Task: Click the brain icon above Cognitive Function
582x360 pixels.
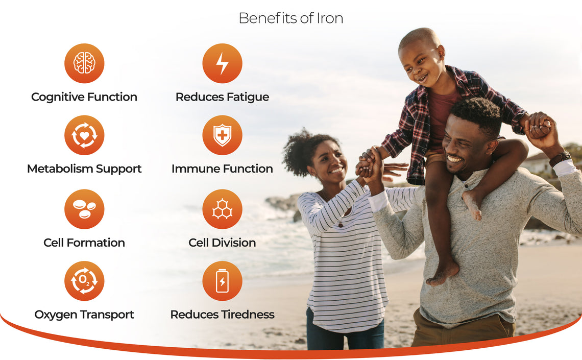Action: [x=84, y=63]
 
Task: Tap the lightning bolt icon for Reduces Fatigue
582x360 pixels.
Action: [x=222, y=63]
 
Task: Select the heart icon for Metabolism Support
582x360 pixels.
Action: [x=84, y=135]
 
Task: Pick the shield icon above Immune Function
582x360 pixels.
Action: [x=222, y=135]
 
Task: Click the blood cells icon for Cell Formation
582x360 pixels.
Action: [x=84, y=209]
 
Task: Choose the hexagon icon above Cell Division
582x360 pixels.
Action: [x=222, y=209]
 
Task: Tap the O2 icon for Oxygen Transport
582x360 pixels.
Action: [x=84, y=281]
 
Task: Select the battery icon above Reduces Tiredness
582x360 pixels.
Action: [x=222, y=281]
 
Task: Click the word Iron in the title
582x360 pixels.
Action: [x=330, y=18]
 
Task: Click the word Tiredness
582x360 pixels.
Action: [x=249, y=315]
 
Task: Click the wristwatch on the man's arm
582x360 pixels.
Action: [x=560, y=159]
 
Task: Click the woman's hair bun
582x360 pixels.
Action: [x=297, y=152]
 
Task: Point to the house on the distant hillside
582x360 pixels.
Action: [x=538, y=163]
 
